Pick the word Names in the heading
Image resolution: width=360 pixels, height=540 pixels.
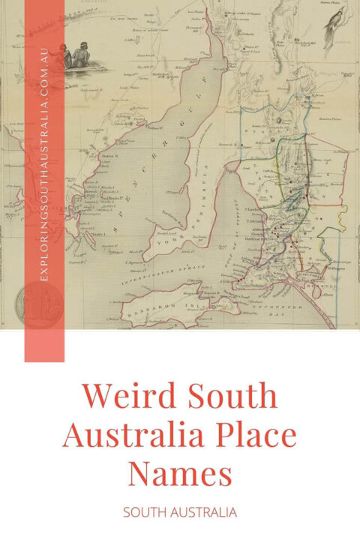180,475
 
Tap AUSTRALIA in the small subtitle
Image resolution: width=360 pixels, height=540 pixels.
205,512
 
